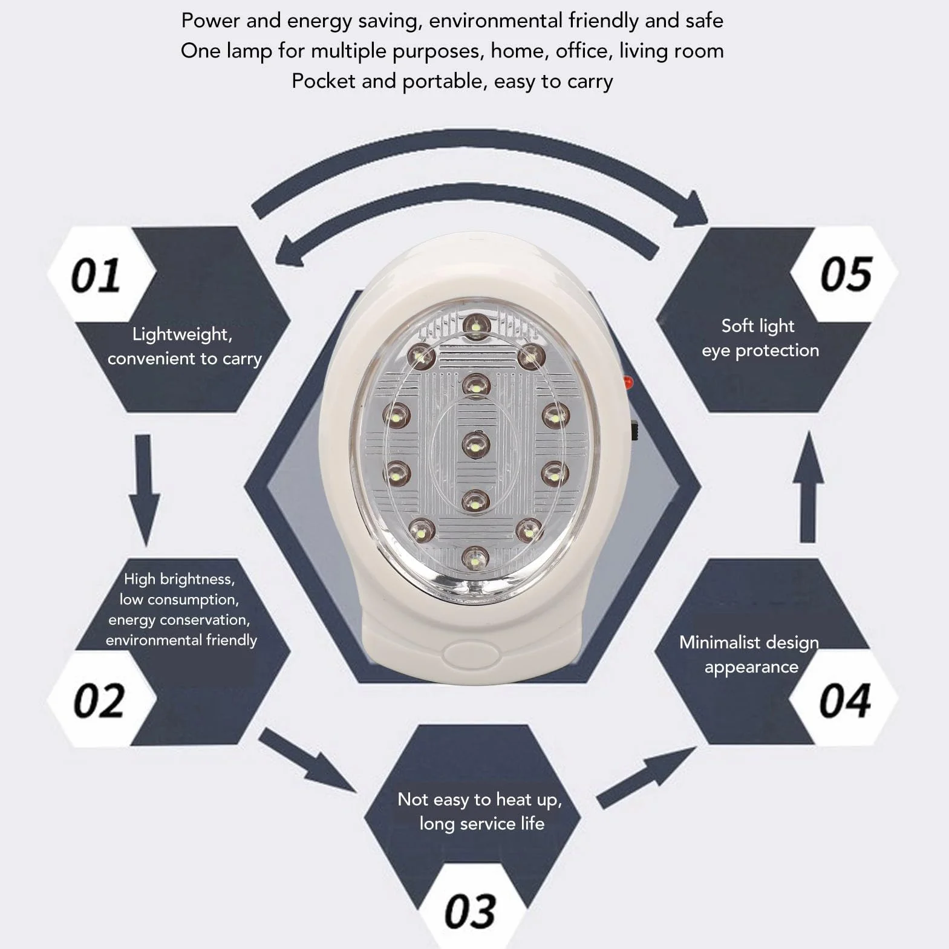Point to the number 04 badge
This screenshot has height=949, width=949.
(x=845, y=700)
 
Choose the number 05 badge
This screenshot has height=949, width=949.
(x=845, y=275)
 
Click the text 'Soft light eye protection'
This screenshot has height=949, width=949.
(x=760, y=338)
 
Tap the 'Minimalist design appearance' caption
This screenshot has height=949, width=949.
(x=749, y=654)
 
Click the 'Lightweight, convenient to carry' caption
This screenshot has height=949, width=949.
(x=184, y=347)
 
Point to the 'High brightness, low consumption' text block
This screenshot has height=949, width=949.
(x=181, y=609)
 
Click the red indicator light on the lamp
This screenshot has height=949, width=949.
(x=628, y=382)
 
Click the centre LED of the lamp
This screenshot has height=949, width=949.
(x=476, y=445)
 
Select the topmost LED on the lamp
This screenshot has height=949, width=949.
(x=477, y=327)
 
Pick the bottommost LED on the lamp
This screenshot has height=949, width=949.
(x=476, y=558)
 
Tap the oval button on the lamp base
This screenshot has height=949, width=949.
(x=471, y=653)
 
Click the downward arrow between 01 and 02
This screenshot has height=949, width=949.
(x=144, y=490)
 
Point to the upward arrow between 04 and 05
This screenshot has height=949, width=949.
(x=808, y=487)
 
